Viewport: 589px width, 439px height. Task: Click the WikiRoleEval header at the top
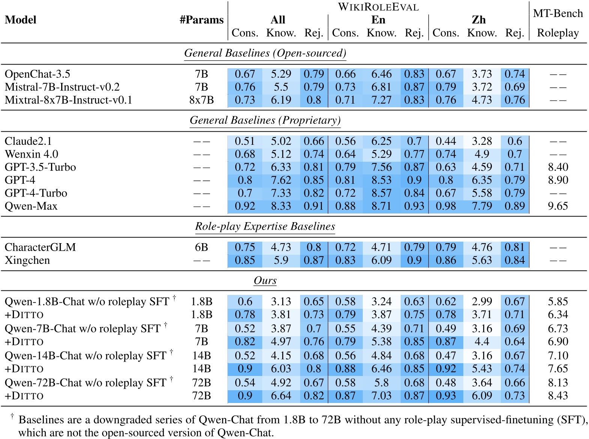pos(378,7)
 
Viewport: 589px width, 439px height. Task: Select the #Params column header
pos(201,20)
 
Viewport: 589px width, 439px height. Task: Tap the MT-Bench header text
pos(558,14)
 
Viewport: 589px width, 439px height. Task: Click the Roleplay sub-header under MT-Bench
pos(558,33)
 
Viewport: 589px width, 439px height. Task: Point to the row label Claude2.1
pos(28,141)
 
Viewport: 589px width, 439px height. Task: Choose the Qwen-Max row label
pos(31,206)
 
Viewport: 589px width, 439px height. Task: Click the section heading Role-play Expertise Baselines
pos(265,227)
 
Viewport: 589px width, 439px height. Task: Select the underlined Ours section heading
pos(265,281)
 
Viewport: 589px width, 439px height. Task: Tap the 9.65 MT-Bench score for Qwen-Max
pos(558,206)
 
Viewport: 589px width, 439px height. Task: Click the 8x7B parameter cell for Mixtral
pos(201,100)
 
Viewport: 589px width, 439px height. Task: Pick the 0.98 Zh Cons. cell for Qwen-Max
pos(446,206)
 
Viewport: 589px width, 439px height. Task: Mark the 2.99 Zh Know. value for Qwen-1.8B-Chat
pos(482,302)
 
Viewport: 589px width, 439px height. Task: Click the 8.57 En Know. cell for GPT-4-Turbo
pos(381,193)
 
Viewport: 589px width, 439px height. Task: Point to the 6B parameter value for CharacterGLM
pos(201,248)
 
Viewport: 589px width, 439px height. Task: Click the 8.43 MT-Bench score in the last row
pos(558,396)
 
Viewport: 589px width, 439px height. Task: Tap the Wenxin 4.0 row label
pos(32,155)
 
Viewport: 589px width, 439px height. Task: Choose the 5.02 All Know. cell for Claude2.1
pos(281,141)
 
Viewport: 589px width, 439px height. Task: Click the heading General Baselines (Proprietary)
pos(265,120)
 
